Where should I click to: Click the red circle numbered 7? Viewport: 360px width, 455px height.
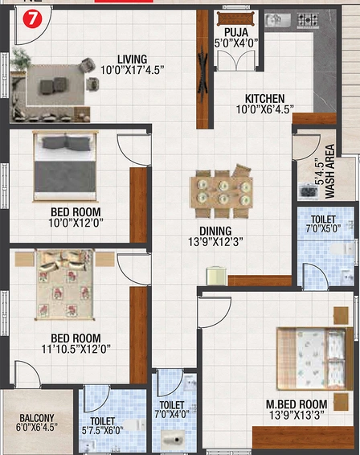pos(32,19)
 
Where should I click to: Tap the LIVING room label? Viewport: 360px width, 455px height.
pos(133,59)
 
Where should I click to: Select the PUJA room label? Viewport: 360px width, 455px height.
pos(236,32)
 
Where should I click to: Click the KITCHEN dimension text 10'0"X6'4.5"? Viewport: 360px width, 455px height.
pos(264,109)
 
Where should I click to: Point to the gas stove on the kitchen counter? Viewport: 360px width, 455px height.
pos(308,19)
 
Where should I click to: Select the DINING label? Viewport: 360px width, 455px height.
pos(215,231)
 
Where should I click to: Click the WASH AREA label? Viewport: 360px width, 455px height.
pos(329,171)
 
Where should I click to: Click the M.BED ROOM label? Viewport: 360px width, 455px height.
pos(297,404)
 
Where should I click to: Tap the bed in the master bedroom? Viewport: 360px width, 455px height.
pos(315,359)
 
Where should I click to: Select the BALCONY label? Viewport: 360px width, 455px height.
pos(37,418)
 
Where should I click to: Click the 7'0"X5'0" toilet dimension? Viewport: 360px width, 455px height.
pos(323,228)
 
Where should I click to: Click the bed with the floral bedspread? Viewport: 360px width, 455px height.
pos(65,285)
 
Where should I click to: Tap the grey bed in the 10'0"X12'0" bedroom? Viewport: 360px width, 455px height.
pos(65,166)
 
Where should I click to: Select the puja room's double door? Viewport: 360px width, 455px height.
pos(236,60)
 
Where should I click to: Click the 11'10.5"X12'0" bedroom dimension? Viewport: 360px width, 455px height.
pos(76,349)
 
